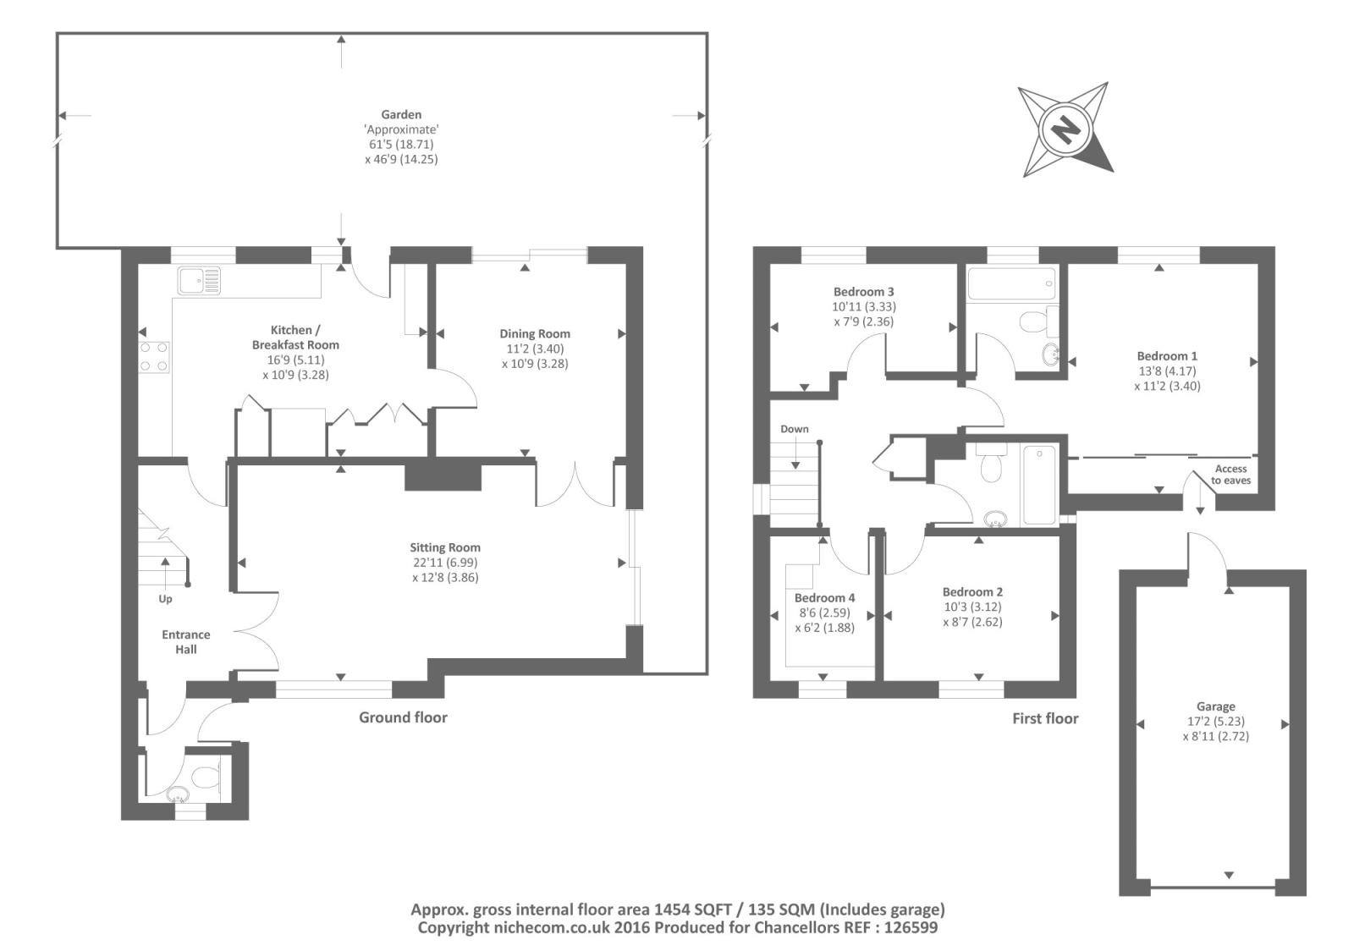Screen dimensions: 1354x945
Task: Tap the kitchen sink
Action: (199, 280)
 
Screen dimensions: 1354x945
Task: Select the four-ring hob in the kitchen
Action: (154, 356)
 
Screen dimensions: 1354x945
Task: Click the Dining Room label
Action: (535, 333)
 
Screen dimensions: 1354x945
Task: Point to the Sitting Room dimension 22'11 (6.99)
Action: (445, 563)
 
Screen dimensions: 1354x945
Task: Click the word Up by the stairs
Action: (165, 599)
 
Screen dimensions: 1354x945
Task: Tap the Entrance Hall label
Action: (186, 641)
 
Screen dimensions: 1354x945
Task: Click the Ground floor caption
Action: (403, 717)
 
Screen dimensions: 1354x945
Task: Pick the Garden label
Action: (401, 114)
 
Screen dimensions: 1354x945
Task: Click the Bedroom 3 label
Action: (863, 292)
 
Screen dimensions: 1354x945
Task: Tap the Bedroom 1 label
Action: (1167, 356)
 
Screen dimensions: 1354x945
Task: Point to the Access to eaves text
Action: (1230, 475)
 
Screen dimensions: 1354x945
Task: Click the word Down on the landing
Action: (794, 429)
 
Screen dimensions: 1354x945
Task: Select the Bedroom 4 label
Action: (824, 598)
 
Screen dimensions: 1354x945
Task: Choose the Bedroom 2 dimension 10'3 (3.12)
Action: (972, 607)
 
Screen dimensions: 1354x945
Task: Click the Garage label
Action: (1215, 706)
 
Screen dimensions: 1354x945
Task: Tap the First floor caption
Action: (1045, 718)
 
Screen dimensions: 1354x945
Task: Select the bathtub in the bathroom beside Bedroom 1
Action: (1011, 283)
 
